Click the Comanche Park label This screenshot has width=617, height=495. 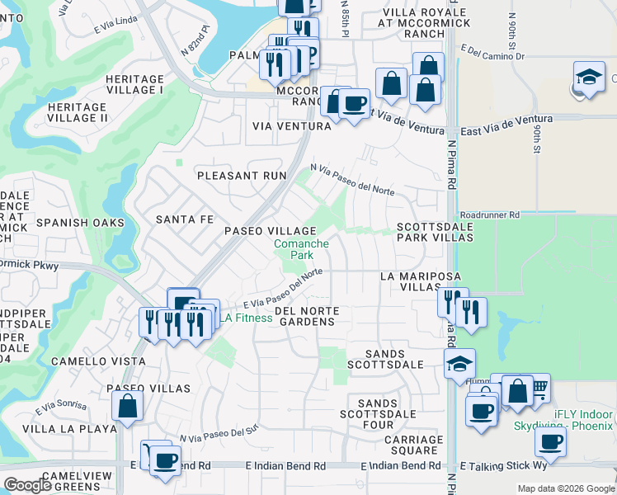(x=302, y=249)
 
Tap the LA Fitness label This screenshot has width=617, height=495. (x=246, y=318)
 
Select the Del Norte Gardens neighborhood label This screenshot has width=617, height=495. (x=308, y=316)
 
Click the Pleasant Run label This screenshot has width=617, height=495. (x=241, y=176)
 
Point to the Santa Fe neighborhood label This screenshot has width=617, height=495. (x=185, y=220)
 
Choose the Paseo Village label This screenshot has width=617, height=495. (x=271, y=231)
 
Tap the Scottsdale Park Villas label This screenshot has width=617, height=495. (x=435, y=232)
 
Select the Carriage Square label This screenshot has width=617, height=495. (x=413, y=445)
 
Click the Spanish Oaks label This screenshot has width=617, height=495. (x=79, y=223)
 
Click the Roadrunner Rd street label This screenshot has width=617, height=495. (x=490, y=214)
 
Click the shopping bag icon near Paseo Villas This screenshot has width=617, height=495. (x=127, y=406)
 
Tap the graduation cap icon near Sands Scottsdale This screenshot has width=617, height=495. (x=459, y=363)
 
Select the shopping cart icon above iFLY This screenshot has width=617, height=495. (x=537, y=386)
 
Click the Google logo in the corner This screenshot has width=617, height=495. (x=27, y=486)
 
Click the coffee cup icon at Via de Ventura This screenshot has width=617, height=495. (x=355, y=104)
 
